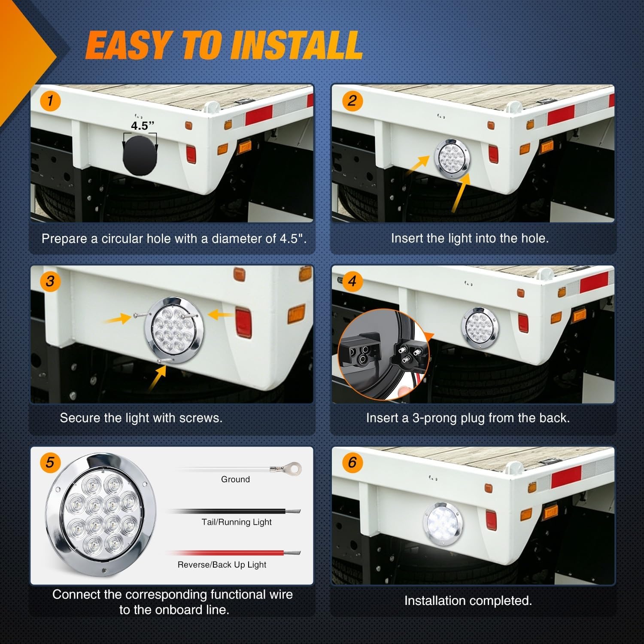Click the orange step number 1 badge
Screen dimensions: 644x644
click(x=50, y=101)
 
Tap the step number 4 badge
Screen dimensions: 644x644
click(x=352, y=281)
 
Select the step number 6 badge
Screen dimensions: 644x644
click(x=352, y=462)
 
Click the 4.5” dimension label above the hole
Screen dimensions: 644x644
click(x=142, y=126)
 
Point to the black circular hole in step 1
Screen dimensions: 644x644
click(x=140, y=155)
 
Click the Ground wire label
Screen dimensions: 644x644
click(x=235, y=479)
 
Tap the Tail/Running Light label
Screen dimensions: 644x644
click(x=237, y=522)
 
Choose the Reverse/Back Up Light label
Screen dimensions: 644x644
click(x=222, y=565)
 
